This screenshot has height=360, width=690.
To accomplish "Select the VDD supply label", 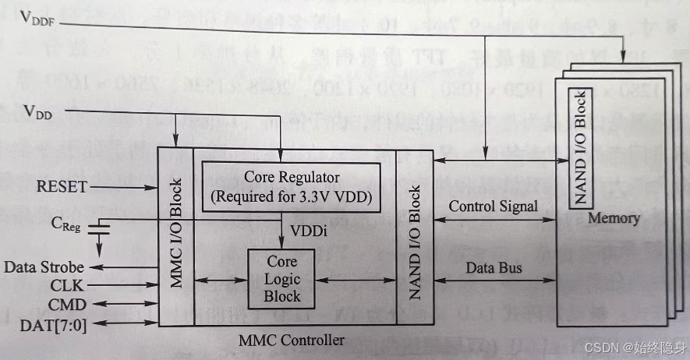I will (x=37, y=114).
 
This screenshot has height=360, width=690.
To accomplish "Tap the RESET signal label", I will (x=62, y=187).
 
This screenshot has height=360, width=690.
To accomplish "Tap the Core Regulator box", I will (x=292, y=186).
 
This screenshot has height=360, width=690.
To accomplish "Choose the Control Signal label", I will (x=493, y=206).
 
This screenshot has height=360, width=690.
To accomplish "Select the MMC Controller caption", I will (x=292, y=340).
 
